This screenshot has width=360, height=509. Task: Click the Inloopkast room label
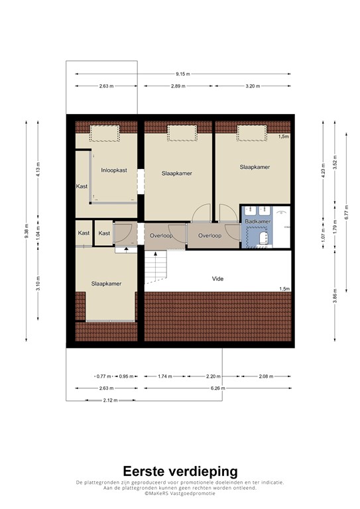[114, 170]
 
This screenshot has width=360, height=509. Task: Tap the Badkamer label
[257, 221]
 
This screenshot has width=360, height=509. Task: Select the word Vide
[217, 278]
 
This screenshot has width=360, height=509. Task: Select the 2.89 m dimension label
[176, 86]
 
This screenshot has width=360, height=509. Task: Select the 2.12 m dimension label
[103, 400]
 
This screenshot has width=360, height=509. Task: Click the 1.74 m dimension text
[165, 376]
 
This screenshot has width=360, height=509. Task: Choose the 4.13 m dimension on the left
[38, 170]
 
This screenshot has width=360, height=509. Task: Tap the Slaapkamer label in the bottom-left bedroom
[107, 284]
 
